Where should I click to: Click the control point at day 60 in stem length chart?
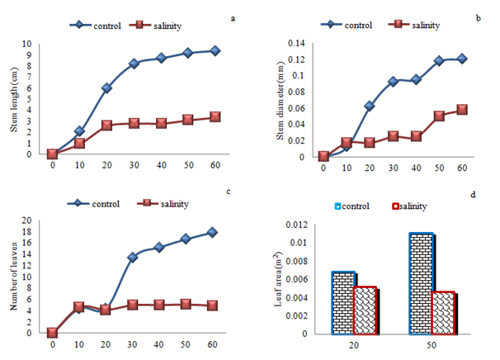coord(215,50)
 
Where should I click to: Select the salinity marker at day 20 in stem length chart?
coord(106,125)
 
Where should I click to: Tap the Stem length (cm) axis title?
coord(14,98)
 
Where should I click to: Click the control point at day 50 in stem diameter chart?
coord(439,60)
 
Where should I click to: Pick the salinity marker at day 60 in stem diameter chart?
coord(463,110)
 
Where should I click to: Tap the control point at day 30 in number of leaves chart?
coord(132,258)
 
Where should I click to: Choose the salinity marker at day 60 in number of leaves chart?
coord(213,305)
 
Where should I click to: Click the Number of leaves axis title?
coord(14,277)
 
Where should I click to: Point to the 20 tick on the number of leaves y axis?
coord(26,220)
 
